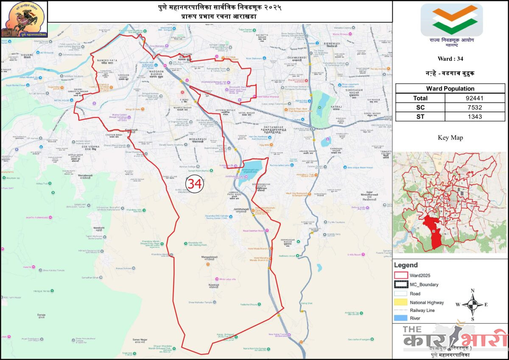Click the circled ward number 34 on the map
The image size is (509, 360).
point(195,184)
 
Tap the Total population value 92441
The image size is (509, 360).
point(475,98)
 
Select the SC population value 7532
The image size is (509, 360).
point(475,107)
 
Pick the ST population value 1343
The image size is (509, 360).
point(475,117)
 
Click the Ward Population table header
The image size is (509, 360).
point(450,89)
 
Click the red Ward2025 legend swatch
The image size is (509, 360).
point(401,275)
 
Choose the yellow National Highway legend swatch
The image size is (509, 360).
point(401,302)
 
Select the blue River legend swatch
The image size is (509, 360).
point(401,318)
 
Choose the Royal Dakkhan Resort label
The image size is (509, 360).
point(253,231)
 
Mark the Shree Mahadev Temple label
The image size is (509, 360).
point(200,302)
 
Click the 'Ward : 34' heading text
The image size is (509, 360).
point(450,59)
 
